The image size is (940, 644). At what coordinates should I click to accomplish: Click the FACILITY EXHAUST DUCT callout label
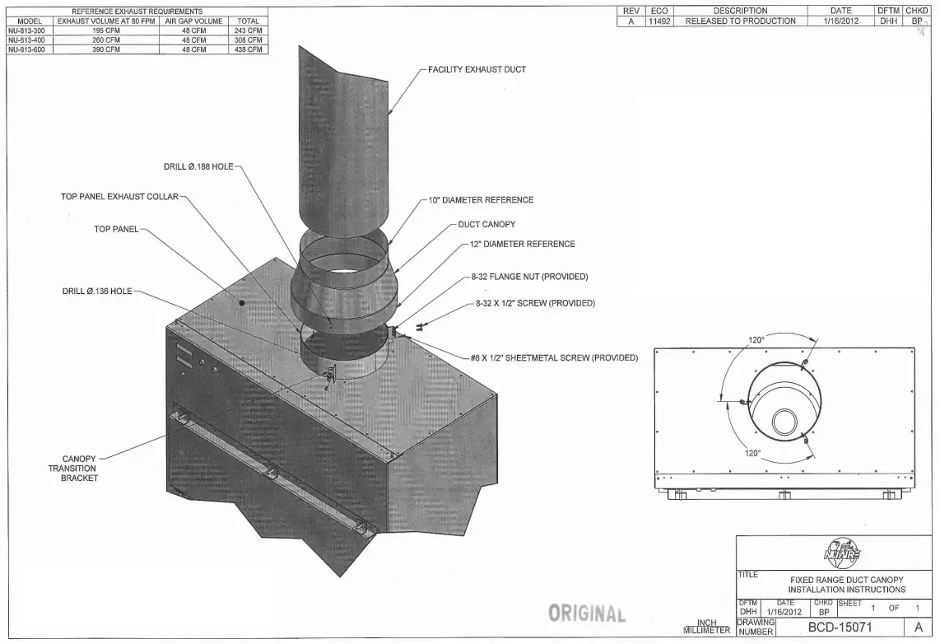tap(477, 69)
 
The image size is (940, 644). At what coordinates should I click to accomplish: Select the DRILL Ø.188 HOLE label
tap(198, 166)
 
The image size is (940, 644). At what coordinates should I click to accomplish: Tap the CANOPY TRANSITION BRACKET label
tap(79, 469)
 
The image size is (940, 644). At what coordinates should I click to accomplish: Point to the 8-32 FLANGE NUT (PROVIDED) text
tap(529, 277)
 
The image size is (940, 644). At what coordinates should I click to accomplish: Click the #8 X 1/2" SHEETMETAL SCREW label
tap(554, 358)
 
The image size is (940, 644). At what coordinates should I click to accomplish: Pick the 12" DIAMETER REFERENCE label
tap(523, 244)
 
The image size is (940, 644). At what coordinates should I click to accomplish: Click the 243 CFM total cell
tap(248, 30)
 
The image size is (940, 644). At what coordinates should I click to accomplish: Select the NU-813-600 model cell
tap(26, 49)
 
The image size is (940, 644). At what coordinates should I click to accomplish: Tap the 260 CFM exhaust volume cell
tap(106, 40)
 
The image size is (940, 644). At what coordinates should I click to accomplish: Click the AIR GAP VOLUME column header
tap(193, 21)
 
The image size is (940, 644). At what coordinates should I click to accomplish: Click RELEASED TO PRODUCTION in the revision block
tap(740, 21)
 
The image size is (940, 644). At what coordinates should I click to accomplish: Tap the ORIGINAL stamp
tap(587, 614)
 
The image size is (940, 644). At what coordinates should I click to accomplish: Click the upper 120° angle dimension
tap(756, 340)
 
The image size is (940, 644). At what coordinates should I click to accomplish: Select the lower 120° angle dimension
tap(752, 453)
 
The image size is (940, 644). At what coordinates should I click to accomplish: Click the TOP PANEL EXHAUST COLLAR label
tap(119, 197)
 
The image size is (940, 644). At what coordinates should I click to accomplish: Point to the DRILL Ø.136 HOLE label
tap(96, 291)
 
